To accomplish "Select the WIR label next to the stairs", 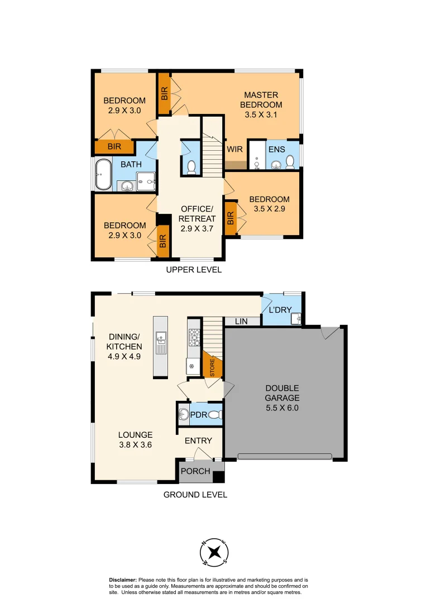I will point(234,150).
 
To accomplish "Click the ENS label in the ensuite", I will point(277,150).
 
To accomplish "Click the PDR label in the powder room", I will point(199,415).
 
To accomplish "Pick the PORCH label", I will point(196,471).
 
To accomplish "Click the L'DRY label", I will point(280,310).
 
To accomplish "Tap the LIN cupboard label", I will point(241,321).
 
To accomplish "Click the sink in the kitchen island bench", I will point(161,337).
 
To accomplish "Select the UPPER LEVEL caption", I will point(194,270).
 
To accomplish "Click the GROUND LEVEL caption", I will point(195,495).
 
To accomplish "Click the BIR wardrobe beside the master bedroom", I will point(164,93).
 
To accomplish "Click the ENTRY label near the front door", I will point(199,441).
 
